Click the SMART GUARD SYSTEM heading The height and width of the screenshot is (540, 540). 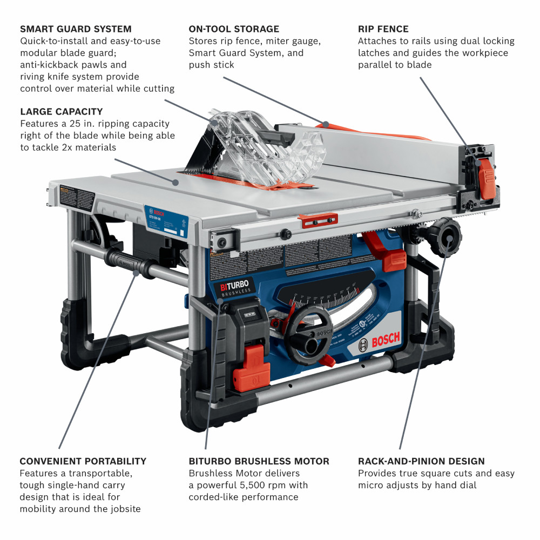pos(76,29)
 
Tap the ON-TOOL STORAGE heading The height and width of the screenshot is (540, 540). pos(234,29)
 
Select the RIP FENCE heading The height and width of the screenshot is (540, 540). pos(383,29)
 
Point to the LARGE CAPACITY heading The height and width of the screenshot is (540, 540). pos(61,112)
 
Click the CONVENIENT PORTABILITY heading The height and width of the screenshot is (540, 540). pos(83,461)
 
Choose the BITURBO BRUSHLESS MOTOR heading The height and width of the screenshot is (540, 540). pos(259,461)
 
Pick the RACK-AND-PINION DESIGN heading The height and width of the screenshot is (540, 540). pos(421,461)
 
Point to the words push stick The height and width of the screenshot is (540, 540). pos(211,65)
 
